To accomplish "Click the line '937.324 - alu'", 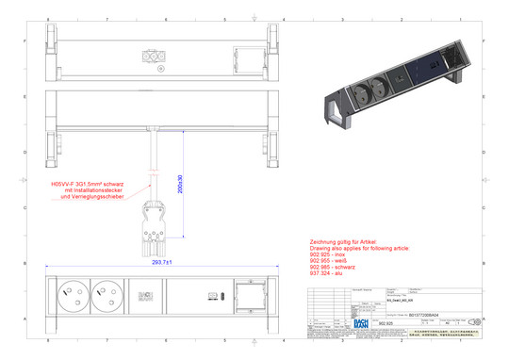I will click(328, 276).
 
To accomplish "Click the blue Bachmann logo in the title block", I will click(362, 322).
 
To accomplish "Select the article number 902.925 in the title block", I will click(384, 323).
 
